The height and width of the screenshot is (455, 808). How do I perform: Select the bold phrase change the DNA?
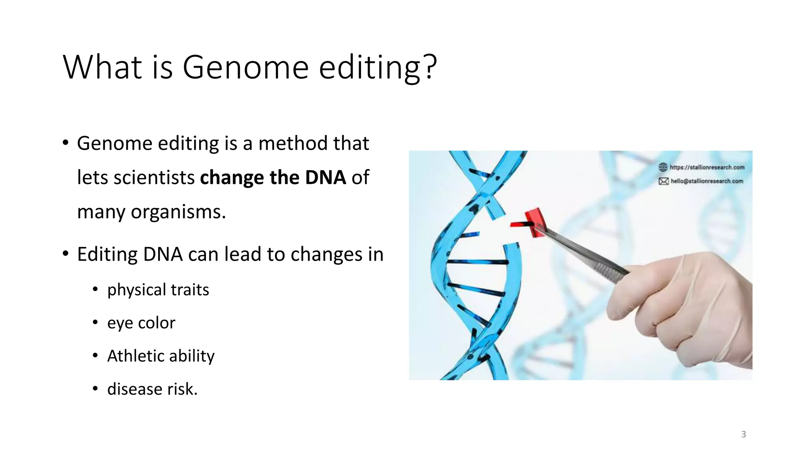(273, 177)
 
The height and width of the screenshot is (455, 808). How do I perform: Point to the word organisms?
(178, 212)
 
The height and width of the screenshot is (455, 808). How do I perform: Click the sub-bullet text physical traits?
(158, 290)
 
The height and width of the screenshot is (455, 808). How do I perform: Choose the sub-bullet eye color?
(141, 323)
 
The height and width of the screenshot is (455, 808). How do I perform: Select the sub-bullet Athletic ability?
(161, 356)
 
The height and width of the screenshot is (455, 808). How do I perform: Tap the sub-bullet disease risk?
(152, 389)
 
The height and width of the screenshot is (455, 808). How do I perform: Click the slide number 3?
(743, 434)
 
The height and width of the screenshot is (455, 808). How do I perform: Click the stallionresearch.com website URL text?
(707, 167)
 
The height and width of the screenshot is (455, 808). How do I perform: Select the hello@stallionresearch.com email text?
(707, 181)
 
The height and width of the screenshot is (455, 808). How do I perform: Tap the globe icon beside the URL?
(663, 167)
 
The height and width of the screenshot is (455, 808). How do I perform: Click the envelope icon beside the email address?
(663, 181)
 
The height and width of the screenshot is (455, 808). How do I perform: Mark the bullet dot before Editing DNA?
(65, 254)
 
